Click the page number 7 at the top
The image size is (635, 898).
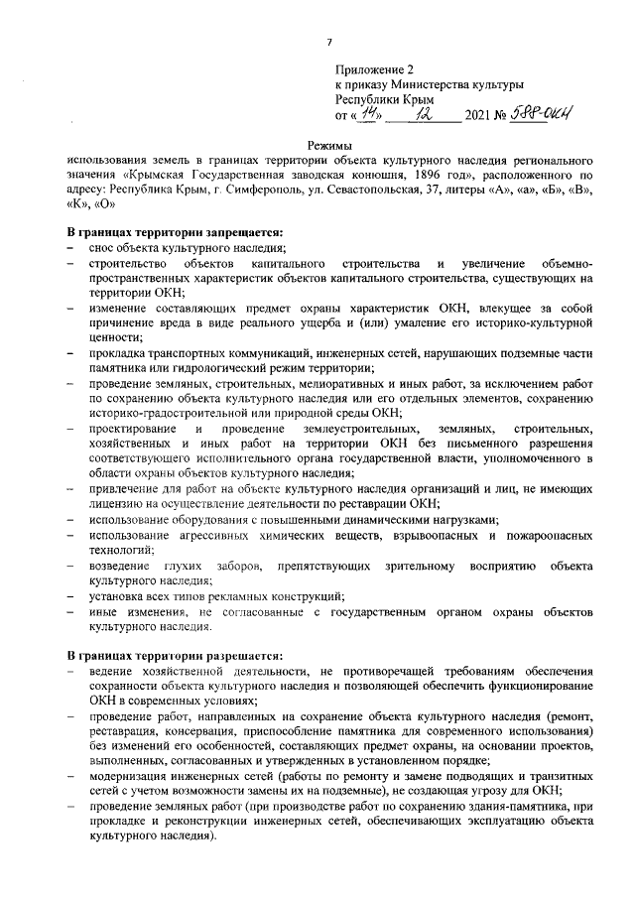[328, 41]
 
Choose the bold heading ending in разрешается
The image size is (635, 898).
[174, 657]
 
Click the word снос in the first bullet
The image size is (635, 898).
[102, 247]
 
